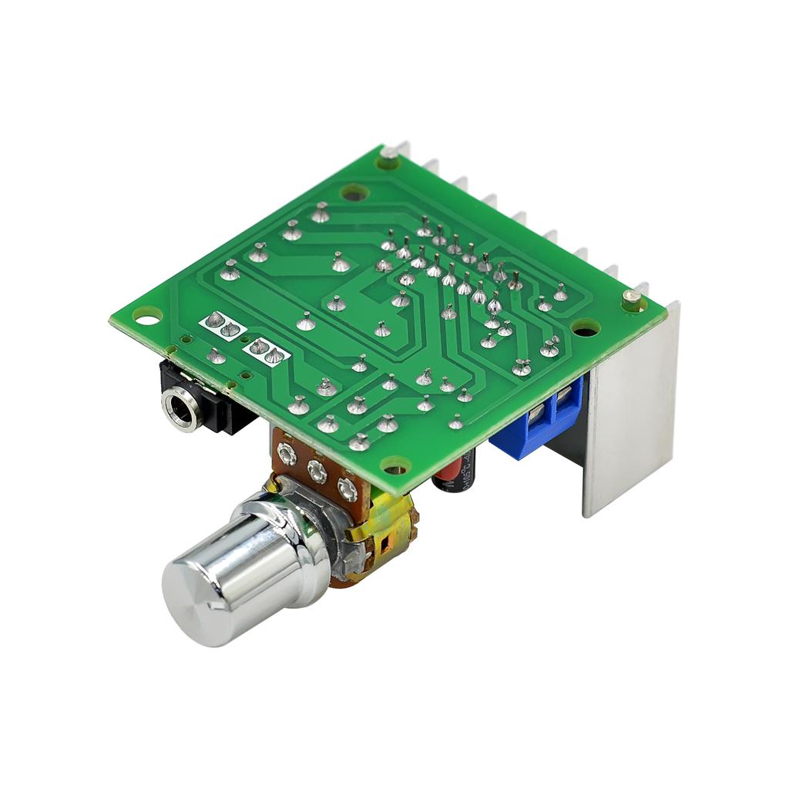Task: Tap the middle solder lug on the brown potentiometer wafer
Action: (x=317, y=469)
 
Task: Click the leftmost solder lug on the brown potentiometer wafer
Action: (x=286, y=455)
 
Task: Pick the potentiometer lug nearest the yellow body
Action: (x=347, y=487)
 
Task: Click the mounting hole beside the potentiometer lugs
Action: (x=395, y=466)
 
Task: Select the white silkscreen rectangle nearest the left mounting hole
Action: (x=223, y=324)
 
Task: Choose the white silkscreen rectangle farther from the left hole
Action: (x=267, y=351)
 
